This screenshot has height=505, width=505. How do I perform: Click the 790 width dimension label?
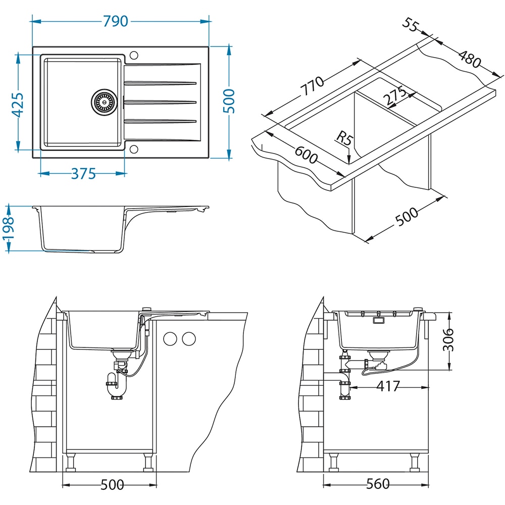coord(116,21)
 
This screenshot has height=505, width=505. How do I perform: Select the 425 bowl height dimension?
coord(18,105)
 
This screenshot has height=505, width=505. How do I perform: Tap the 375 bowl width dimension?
coord(83,174)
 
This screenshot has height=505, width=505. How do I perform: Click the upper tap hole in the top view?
coord(134,55)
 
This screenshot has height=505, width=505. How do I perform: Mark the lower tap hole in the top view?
coord(134,148)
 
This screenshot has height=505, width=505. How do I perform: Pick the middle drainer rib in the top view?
coord(160,102)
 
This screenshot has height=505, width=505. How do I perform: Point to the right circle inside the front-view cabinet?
coord(189,339)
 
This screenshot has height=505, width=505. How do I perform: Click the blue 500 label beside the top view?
coord(229,102)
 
